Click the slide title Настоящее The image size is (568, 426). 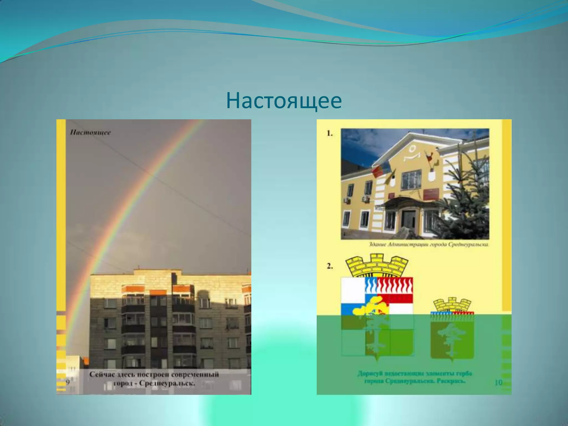(x=284, y=102)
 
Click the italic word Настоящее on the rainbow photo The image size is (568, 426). (x=90, y=132)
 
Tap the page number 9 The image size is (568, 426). (x=68, y=382)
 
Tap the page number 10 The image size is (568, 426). (x=498, y=383)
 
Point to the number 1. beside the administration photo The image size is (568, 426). (x=329, y=133)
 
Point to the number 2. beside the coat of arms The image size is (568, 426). (x=329, y=266)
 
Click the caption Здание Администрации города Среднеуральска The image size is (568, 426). (x=429, y=245)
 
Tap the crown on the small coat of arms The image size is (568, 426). (x=452, y=305)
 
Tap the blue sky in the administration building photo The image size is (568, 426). (x=361, y=144)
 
